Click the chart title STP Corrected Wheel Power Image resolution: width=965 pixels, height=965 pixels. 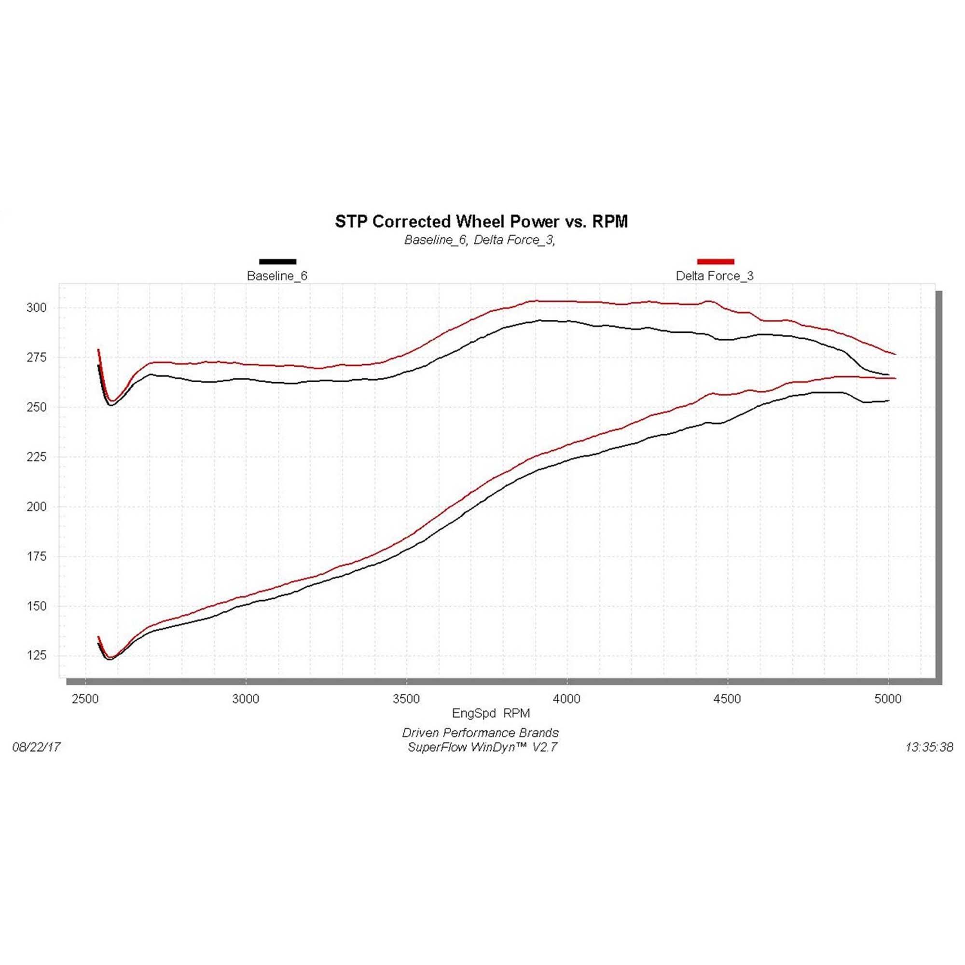[x=481, y=221]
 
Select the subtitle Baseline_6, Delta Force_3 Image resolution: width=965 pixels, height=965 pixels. [x=480, y=240]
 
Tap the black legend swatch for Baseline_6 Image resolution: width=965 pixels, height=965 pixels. [x=278, y=261]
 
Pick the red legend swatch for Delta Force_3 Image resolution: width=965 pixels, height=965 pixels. [x=715, y=261]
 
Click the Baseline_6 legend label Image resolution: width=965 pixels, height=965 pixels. [x=277, y=276]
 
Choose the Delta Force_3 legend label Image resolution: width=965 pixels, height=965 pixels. [x=714, y=276]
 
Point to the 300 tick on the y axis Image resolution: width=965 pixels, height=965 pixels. [x=36, y=308]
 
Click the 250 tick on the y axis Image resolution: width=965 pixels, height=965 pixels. [x=36, y=407]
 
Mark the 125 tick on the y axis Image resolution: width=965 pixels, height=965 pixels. [x=36, y=655]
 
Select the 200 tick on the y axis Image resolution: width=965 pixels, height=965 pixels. [x=36, y=507]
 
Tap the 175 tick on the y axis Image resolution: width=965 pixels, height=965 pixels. [x=36, y=556]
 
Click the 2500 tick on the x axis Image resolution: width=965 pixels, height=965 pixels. [x=85, y=699]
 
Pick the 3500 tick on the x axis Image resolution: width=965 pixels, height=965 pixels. [x=406, y=699]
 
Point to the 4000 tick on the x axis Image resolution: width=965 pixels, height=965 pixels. [x=567, y=699]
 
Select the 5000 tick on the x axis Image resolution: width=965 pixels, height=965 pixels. [x=888, y=699]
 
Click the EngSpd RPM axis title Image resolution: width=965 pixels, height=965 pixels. [x=491, y=713]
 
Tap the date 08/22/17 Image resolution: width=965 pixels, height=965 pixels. [x=36, y=747]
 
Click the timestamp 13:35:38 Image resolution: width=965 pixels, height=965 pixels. [x=929, y=747]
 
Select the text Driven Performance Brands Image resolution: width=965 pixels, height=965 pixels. [x=480, y=733]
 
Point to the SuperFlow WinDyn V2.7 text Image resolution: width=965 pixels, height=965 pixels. [x=482, y=747]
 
